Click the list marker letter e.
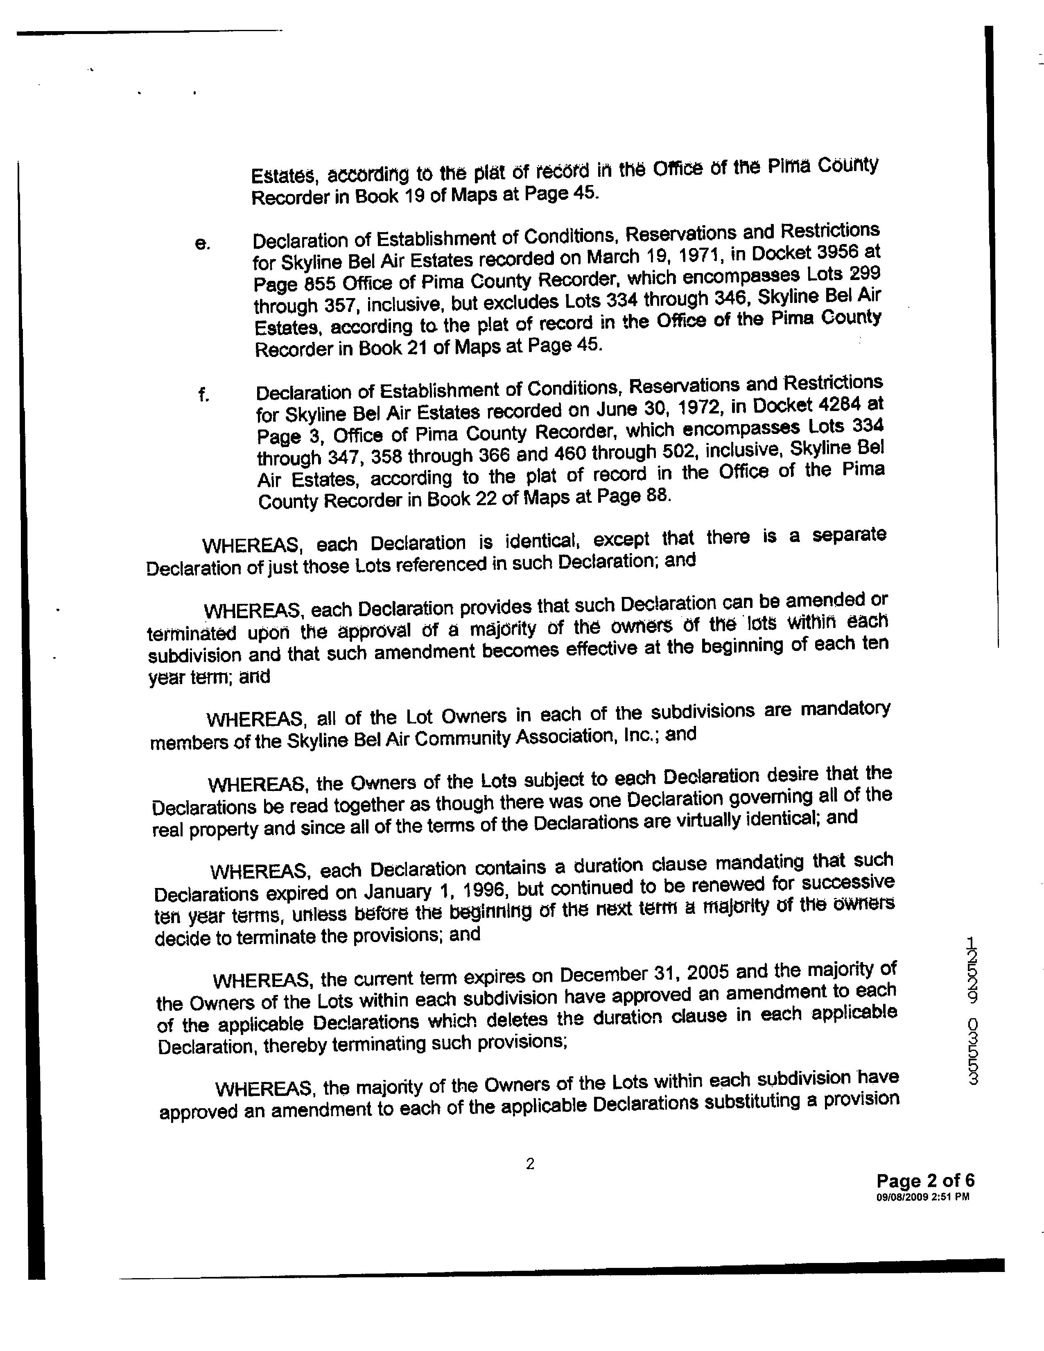tap(201, 245)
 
